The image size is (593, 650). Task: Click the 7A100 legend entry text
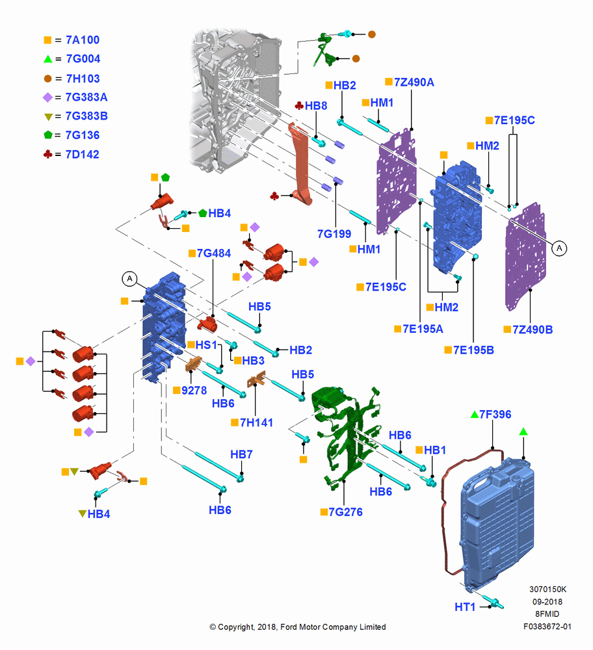pos(83,40)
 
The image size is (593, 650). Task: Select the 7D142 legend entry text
pos(83,155)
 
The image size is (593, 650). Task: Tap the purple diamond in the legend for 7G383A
pos(47,97)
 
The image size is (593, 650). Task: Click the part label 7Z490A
pos(414,82)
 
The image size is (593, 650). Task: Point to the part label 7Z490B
pos(533,330)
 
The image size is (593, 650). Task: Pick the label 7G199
pos(334,234)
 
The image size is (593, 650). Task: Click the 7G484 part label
pos(213,253)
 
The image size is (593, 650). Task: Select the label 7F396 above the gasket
pos(495,414)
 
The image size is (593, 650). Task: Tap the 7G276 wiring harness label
pos(345,512)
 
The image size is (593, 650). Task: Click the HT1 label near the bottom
pos(465,607)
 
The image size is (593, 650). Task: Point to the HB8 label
pos(316,106)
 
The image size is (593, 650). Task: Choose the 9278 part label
pos(194,391)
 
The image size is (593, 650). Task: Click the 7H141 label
pos(256,422)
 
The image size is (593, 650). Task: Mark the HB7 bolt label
pos(241,454)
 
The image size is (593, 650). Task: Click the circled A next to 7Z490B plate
pos(559,248)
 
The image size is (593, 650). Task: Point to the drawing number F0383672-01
pos(547,627)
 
